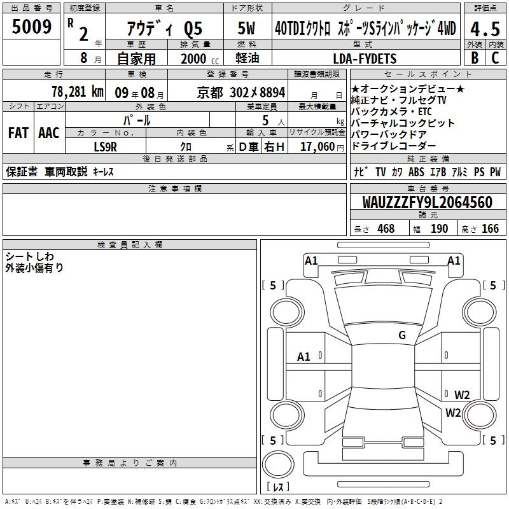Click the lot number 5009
coord(31,27)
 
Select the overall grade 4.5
coord(485,29)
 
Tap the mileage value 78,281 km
coord(78,92)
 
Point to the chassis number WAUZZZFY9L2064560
coord(428,202)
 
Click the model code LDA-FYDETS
coord(365,59)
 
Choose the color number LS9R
coord(105,147)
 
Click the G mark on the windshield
coord(402,335)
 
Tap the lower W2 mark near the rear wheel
coord(453,412)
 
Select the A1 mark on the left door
coord(303,357)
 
